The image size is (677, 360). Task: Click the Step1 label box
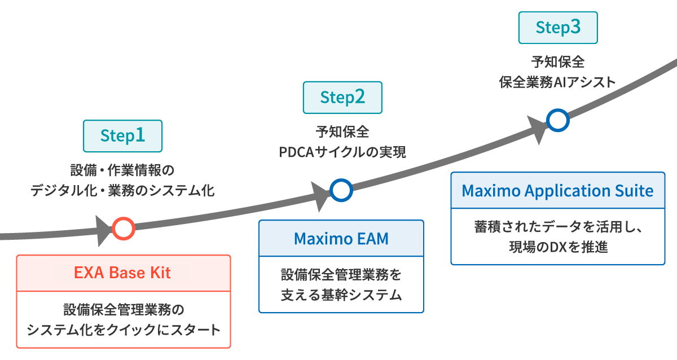[122, 135]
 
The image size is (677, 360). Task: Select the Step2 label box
[342, 98]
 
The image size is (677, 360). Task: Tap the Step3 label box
[557, 28]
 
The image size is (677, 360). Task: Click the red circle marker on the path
[123, 229]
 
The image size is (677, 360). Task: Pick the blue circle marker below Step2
[341, 190]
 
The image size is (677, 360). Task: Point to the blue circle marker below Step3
[557, 120]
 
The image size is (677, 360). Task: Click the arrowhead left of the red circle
[104, 230]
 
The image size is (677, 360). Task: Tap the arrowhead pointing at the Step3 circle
[537, 128]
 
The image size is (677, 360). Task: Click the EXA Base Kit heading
[122, 273]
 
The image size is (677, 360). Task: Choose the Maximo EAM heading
[341, 238]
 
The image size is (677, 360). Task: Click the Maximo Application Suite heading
[557, 190]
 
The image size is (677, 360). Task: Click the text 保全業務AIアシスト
[557, 82]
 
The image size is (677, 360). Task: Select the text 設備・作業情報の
[122, 170]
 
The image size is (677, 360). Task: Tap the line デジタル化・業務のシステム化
[122, 190]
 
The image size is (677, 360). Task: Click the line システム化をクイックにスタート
[124, 330]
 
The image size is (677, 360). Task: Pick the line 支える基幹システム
[341, 295]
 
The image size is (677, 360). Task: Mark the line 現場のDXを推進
[557, 246]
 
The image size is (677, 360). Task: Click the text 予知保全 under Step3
[557, 61]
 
